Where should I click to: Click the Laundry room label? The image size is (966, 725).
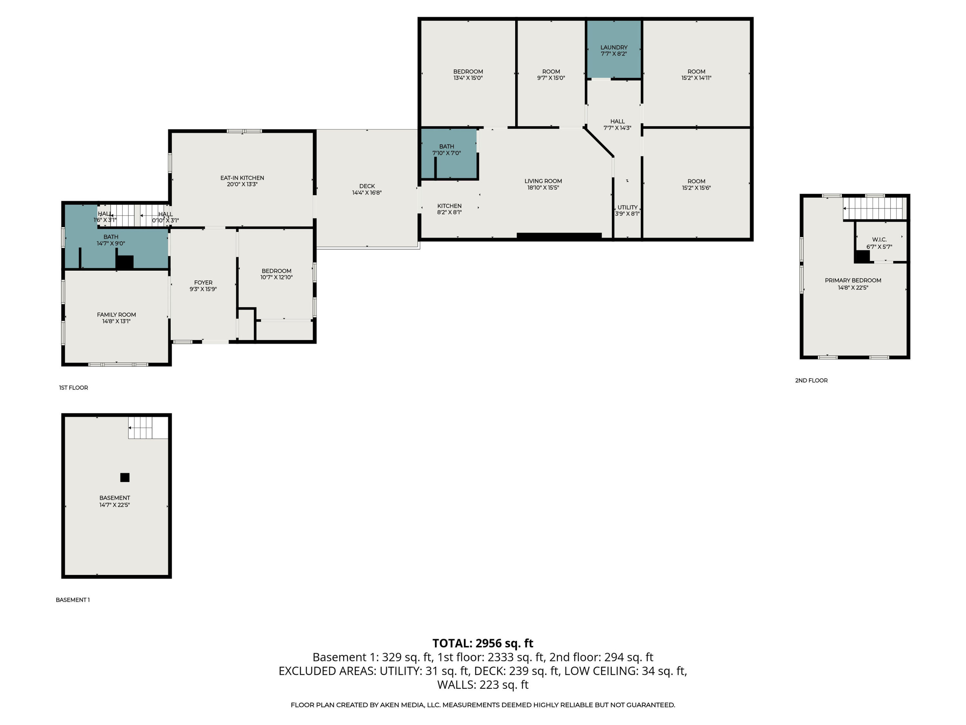tap(614, 47)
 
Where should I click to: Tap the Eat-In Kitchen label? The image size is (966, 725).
tap(242, 178)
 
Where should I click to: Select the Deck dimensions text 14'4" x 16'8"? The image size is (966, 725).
tap(367, 193)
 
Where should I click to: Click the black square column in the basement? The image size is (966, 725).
tap(125, 477)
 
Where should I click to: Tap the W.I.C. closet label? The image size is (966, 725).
tap(879, 239)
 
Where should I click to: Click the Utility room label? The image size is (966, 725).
tap(627, 207)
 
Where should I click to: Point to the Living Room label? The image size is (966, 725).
tap(543, 181)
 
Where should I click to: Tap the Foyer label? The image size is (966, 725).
tap(203, 283)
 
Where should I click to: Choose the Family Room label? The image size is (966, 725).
tap(116, 314)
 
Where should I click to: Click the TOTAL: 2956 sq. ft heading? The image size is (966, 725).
tap(483, 643)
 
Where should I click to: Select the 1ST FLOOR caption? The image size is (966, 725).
tap(73, 388)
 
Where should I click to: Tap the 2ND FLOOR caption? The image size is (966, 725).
tap(811, 381)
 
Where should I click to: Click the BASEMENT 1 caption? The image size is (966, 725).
tap(72, 600)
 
